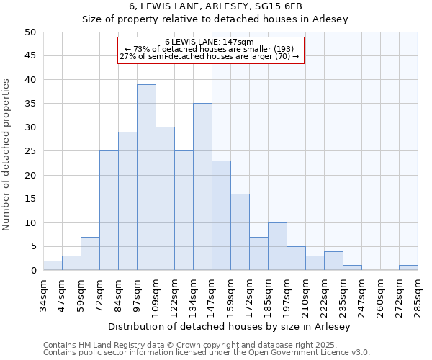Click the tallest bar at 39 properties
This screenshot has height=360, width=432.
click(146, 177)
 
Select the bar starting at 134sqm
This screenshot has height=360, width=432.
click(202, 186)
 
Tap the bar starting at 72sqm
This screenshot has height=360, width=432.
click(109, 210)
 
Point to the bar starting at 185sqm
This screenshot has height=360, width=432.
click(277, 246)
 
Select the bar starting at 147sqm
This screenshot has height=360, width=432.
click(221, 215)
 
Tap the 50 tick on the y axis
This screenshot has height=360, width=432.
click(30, 32)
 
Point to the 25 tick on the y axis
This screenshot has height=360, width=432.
click(30, 151)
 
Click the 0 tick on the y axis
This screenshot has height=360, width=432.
click(33, 271)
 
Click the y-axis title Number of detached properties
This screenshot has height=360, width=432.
click(6, 156)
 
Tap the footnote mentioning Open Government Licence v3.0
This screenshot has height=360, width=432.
click(207, 353)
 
